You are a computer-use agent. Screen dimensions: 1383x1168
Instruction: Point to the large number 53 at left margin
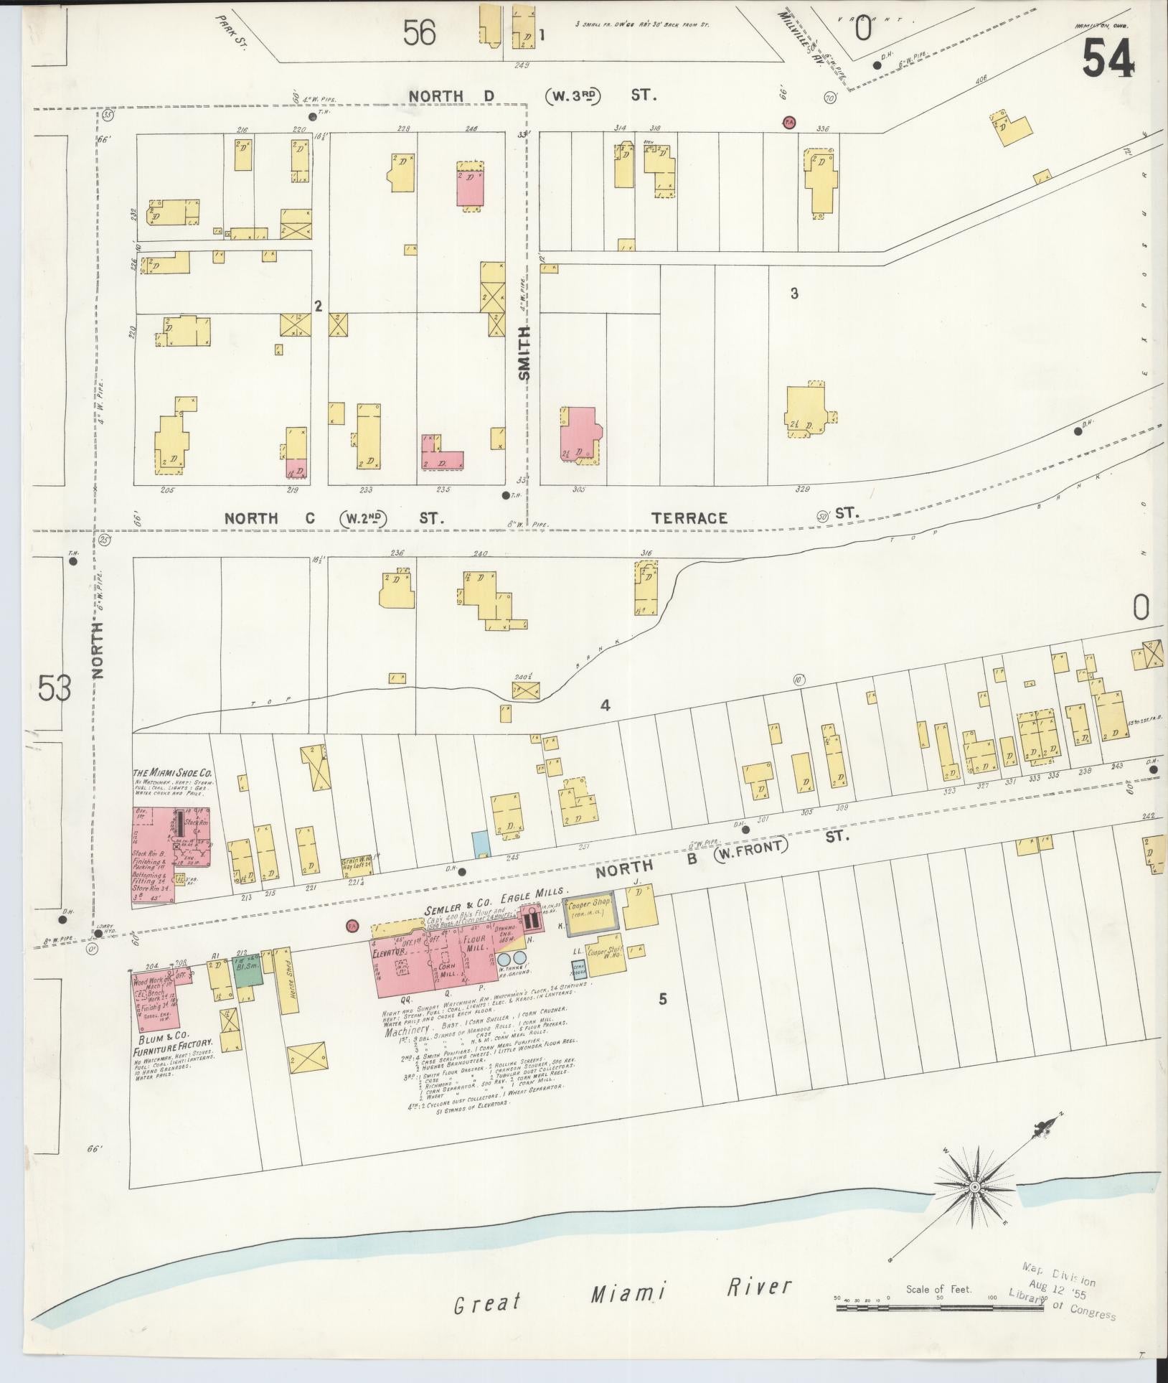point(55,689)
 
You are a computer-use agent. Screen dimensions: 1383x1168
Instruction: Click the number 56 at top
point(419,32)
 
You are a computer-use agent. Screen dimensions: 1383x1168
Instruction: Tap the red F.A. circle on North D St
point(788,122)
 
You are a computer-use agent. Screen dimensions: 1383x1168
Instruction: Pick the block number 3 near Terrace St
point(794,293)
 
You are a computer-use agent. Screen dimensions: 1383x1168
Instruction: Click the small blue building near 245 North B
point(479,843)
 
